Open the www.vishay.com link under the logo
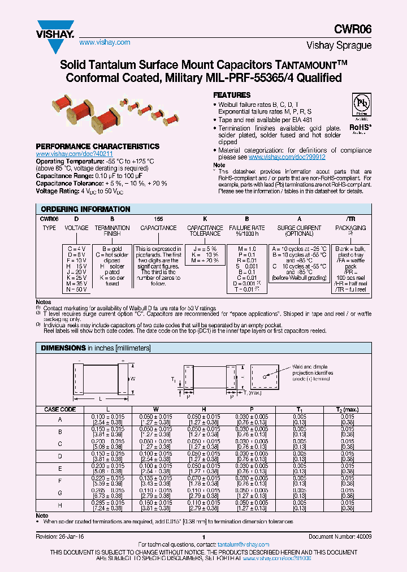[x=105, y=42]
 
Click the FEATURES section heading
[x=232, y=96]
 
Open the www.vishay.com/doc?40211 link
[x=75, y=154]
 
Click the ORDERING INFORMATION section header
[x=85, y=209]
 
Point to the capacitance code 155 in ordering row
[x=159, y=218]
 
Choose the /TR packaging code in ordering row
[x=350, y=218]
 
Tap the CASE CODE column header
[x=60, y=409]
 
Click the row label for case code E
[x=60, y=468]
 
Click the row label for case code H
[x=60, y=505]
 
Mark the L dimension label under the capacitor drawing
[x=99, y=399]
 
